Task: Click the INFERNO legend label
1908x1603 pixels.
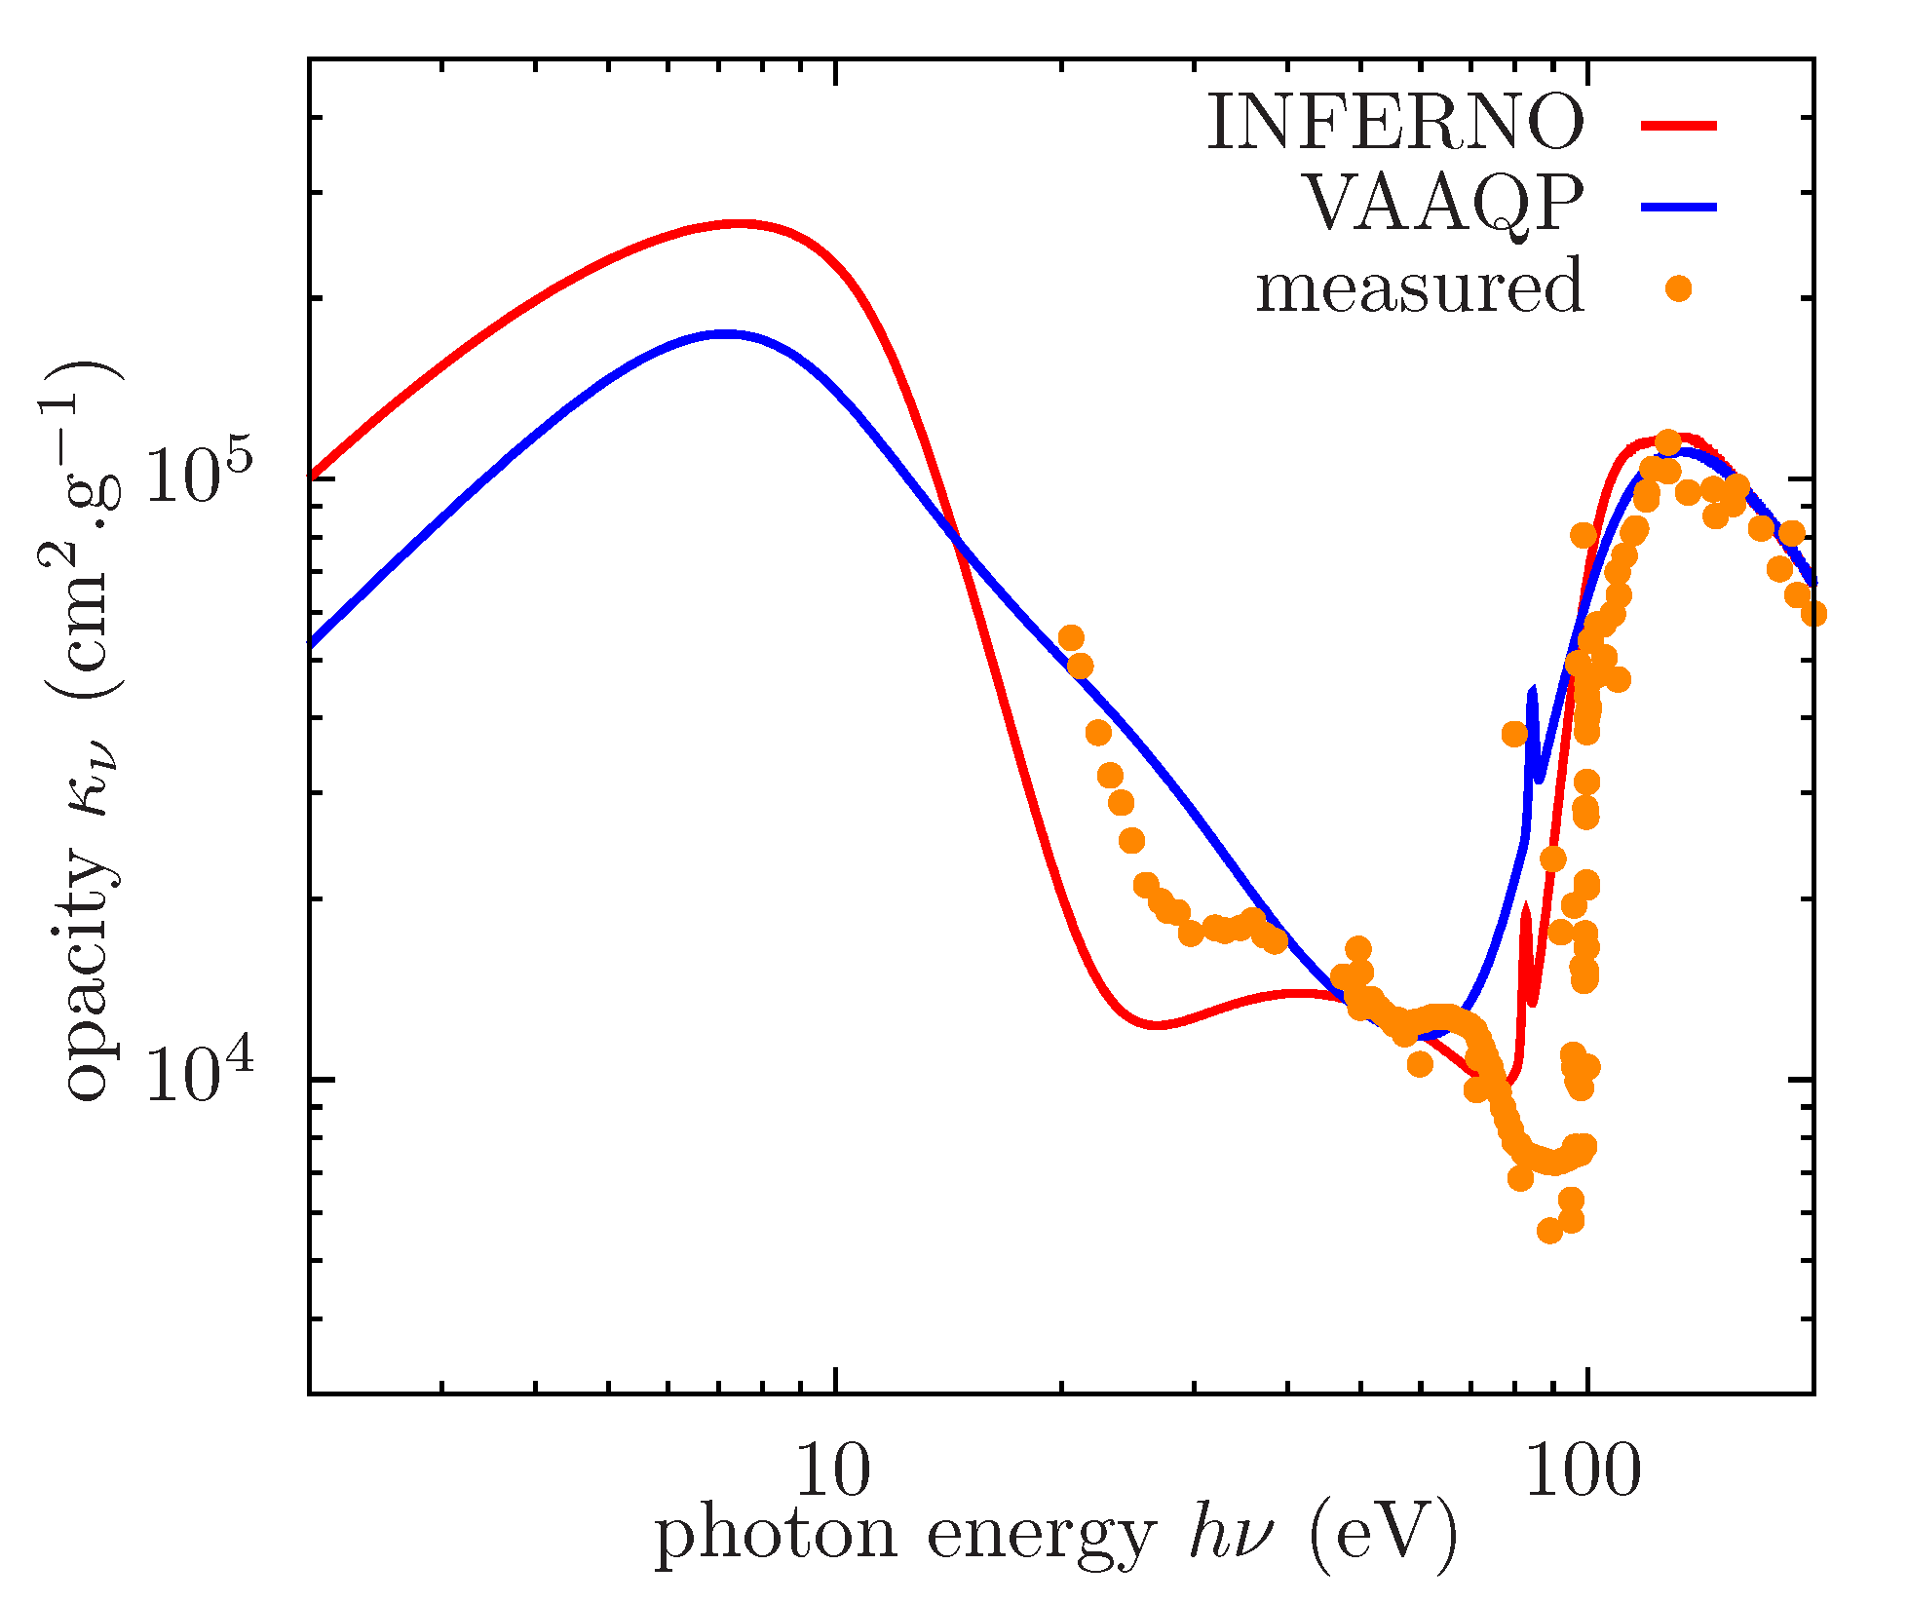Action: (1395, 124)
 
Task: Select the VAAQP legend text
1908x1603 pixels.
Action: (1444, 205)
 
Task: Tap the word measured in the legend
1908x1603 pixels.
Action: (1420, 287)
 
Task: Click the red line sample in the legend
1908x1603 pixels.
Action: (1678, 124)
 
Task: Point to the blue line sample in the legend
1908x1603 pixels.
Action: (1678, 206)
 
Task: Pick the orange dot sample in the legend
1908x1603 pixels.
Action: (1678, 288)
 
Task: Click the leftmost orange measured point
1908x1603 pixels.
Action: (1071, 638)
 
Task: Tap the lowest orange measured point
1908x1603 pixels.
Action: (1549, 1231)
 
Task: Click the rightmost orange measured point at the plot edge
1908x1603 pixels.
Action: (1813, 614)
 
